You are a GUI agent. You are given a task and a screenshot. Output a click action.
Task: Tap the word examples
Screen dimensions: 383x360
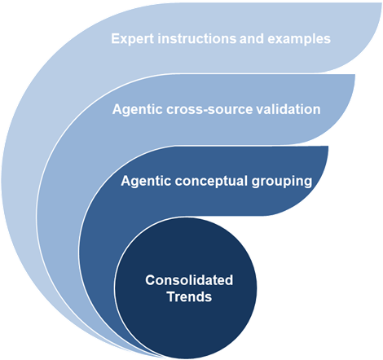pos(299,39)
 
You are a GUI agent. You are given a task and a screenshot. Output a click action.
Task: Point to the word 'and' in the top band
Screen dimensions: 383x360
pos(252,38)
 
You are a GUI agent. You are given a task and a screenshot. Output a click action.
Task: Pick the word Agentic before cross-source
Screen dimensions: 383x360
pos(138,110)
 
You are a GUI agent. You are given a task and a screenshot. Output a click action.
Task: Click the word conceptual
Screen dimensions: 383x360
pos(211,182)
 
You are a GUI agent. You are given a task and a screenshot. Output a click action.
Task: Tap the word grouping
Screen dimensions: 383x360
pos(282,182)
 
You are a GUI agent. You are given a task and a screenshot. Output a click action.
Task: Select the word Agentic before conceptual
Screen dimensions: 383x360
pos(146,181)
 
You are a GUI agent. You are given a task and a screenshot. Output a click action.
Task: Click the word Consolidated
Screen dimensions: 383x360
pos(189,280)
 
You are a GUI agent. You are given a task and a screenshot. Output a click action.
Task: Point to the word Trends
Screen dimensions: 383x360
pos(189,296)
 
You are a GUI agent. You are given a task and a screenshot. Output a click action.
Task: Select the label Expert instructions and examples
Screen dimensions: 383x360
pos(221,39)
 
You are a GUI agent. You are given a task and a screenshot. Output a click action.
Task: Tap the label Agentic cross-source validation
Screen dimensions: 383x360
pos(217,110)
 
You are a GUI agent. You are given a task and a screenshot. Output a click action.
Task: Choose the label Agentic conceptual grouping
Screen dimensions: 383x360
pos(217,182)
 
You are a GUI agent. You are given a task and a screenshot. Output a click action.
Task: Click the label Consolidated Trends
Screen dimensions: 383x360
pos(189,288)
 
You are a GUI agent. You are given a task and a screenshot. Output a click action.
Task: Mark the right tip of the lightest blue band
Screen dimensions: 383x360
pos(381,3)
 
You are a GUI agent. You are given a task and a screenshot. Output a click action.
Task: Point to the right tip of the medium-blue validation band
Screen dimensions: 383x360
pos(354,75)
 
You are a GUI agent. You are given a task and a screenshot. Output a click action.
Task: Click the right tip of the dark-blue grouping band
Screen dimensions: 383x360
pos(328,147)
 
